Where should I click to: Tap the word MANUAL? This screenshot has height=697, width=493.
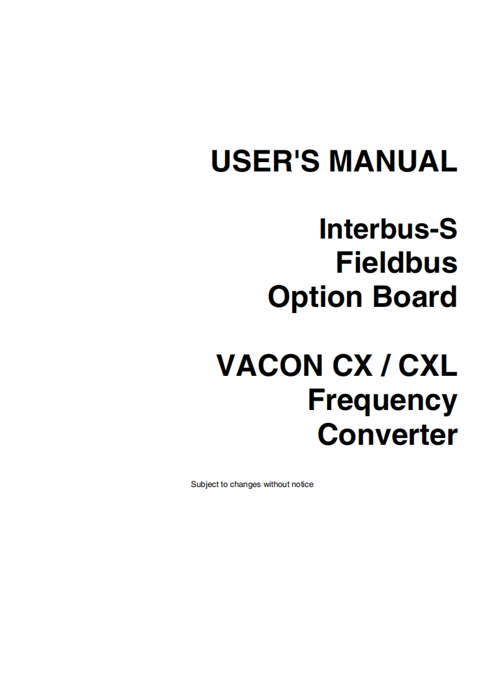(x=393, y=162)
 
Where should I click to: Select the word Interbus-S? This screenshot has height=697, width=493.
(x=388, y=229)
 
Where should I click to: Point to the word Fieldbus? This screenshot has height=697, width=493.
(x=397, y=263)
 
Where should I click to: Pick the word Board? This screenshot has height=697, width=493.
(x=415, y=297)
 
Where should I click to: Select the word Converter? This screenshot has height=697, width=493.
(x=387, y=434)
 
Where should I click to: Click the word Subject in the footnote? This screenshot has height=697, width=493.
(x=205, y=485)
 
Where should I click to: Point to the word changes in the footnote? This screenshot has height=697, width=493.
(x=246, y=485)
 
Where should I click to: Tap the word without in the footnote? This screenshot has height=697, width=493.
(x=277, y=485)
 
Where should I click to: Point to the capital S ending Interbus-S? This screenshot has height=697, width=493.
(x=446, y=229)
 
